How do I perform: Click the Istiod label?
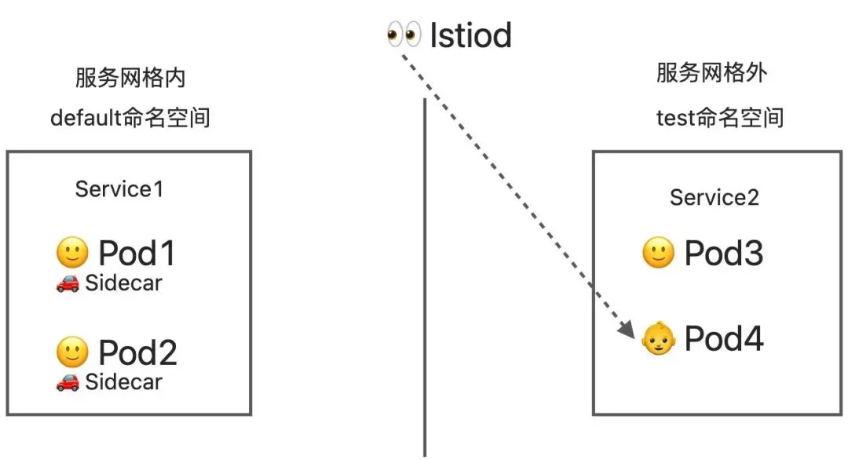470,35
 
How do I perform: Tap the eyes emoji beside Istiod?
404,35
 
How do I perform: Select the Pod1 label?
137,254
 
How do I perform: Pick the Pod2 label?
137,353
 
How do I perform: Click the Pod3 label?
723,254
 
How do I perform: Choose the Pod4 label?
723,338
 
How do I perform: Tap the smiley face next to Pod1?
72,253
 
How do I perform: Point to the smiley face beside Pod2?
72,352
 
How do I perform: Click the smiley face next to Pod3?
658,254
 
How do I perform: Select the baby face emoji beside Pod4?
658,339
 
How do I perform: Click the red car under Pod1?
68,283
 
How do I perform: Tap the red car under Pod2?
68,383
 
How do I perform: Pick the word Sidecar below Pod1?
123,283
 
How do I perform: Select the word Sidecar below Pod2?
123,382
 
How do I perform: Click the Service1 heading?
119,189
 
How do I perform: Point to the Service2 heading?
714,198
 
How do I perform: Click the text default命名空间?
130,119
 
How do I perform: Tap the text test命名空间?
720,119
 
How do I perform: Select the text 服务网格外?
711,74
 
